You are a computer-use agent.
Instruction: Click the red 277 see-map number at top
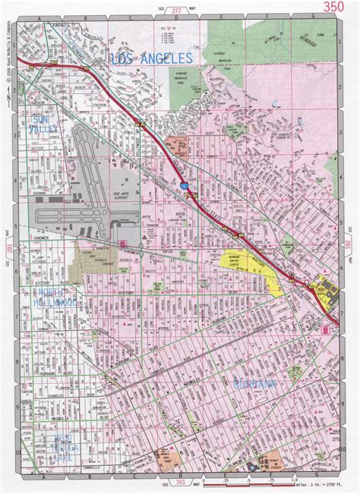click(x=176, y=11)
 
